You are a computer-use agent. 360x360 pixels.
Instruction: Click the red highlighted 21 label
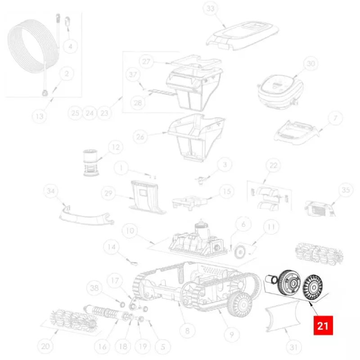tap(323, 325)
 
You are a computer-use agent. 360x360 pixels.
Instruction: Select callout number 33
tap(211, 9)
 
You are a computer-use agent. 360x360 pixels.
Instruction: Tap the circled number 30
tap(310, 63)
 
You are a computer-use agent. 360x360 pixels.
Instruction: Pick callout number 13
tap(40, 116)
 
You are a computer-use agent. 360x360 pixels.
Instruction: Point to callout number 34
tap(51, 191)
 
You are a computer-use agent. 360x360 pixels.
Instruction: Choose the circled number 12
tap(116, 147)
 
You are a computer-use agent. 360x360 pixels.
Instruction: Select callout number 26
tap(140, 137)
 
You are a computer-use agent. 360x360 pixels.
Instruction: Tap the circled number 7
tap(335, 118)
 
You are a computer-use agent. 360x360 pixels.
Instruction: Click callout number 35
tap(346, 190)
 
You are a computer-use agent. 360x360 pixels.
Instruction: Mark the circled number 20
tap(45, 346)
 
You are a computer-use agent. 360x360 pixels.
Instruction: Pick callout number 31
tap(294, 347)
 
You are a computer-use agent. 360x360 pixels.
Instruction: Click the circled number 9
tap(231, 335)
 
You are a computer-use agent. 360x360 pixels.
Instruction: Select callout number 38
tap(94, 288)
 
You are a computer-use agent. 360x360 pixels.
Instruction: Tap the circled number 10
tap(130, 230)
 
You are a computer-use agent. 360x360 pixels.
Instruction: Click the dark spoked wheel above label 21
tap(312, 288)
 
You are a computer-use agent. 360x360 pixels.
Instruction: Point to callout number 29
tap(108, 193)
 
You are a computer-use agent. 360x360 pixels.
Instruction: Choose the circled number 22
tap(273, 165)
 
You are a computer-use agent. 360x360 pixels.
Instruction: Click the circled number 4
tap(70, 46)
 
